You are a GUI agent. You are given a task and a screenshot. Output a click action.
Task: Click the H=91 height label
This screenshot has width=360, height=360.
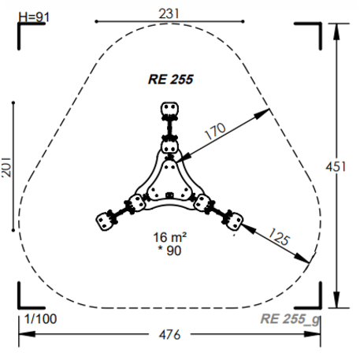34,17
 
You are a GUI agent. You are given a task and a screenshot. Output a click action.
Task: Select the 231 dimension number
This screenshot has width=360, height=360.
169,13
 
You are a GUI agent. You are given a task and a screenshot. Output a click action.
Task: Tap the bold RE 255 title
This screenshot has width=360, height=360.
171,80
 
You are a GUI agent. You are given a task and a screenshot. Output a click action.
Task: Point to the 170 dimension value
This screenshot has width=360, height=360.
215,131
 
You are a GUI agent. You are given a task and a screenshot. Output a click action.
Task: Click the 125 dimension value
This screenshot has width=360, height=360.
279,236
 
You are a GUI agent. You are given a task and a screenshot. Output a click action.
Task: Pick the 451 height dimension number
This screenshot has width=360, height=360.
336,167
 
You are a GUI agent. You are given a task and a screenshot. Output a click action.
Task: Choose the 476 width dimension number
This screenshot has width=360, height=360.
170,335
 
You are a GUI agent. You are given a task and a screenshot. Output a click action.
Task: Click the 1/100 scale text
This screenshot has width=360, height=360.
40,319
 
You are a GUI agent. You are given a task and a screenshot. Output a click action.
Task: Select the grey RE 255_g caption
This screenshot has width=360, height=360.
290,319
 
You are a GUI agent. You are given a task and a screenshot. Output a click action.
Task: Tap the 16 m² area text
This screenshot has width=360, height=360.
170,237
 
